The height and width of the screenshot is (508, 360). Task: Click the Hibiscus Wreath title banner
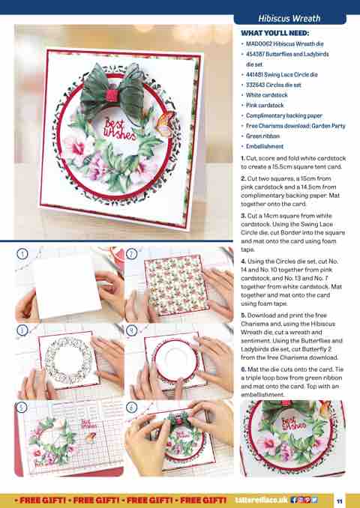pyautogui.click(x=289, y=19)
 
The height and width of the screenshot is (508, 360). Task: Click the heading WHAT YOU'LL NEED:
pyautogui.click(x=274, y=33)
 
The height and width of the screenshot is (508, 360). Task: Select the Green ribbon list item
pyautogui.click(x=262, y=136)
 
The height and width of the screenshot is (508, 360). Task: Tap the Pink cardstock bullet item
pyautogui.click(x=265, y=106)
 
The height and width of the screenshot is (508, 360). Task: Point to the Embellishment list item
pyautogui.click(x=264, y=146)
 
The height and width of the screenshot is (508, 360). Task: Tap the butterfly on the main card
pyautogui.click(x=166, y=124)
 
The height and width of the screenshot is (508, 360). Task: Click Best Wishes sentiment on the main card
pyautogui.click(x=119, y=130)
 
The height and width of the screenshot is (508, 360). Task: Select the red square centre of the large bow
pyautogui.click(x=112, y=95)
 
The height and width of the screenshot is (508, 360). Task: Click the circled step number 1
pyautogui.click(x=22, y=254)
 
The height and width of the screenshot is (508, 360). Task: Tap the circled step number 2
pyautogui.click(x=131, y=254)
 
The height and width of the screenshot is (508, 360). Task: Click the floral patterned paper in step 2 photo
pyautogui.click(x=176, y=285)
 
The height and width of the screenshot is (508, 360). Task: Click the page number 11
pyautogui.click(x=339, y=501)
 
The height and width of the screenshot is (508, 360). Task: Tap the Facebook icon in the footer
pyautogui.click(x=294, y=500)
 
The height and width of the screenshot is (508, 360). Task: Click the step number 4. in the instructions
pyautogui.click(x=244, y=261)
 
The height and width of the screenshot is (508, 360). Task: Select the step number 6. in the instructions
pyautogui.click(x=244, y=369)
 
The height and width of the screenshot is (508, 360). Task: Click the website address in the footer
pyautogui.click(x=262, y=500)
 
